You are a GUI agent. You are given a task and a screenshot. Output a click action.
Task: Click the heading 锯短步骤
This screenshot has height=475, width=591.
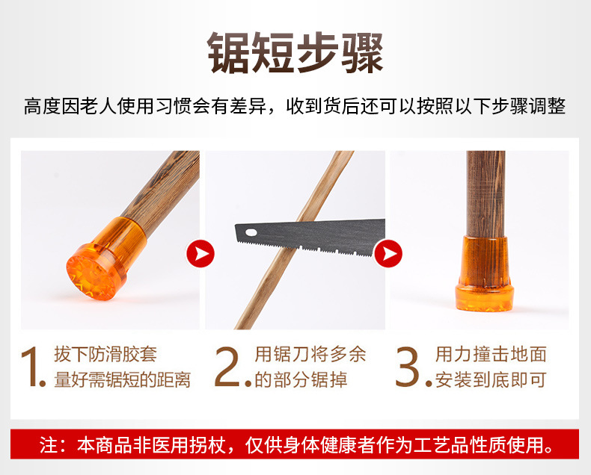coord(296,53)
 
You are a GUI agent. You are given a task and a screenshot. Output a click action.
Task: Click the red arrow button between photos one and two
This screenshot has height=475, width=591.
coord(200,254)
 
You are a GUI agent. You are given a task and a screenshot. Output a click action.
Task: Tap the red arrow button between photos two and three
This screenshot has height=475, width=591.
coord(388,254)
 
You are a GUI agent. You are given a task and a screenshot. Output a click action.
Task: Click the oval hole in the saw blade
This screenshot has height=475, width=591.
coord(251,232)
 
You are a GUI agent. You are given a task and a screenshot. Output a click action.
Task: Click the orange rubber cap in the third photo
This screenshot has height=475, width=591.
coord(485,274)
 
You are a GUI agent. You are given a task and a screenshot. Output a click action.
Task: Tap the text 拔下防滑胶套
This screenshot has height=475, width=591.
coord(105,355)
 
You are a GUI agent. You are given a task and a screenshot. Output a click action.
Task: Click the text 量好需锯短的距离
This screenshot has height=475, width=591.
coord(122,379)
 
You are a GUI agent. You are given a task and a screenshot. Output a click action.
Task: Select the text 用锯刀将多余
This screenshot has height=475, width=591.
coord(310,355)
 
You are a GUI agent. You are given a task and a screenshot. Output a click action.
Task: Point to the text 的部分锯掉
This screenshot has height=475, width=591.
coord(301,379)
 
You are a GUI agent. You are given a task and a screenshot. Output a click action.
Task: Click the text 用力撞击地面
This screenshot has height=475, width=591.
coord(491,355)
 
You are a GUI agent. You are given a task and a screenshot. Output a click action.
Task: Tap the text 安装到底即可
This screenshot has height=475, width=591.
coord(491,379)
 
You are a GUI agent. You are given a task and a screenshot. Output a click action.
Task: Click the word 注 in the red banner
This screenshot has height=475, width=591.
coord(48,445)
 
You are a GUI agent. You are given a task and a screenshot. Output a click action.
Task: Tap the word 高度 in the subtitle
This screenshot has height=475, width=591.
coord(42,106)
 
